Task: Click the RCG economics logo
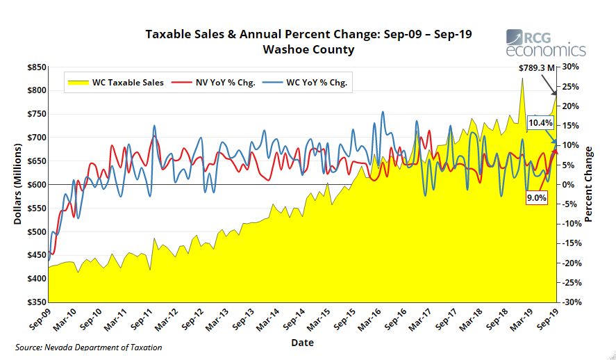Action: click(x=545, y=42)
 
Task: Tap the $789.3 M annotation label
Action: click(x=538, y=68)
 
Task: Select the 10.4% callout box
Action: click(x=540, y=123)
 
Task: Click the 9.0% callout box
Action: click(x=537, y=198)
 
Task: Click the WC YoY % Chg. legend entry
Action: click(x=309, y=82)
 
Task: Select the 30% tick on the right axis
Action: click(x=570, y=67)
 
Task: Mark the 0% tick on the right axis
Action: click(x=567, y=185)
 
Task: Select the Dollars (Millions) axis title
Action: click(x=18, y=185)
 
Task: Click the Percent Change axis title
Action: click(x=588, y=185)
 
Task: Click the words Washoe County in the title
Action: click(x=308, y=50)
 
